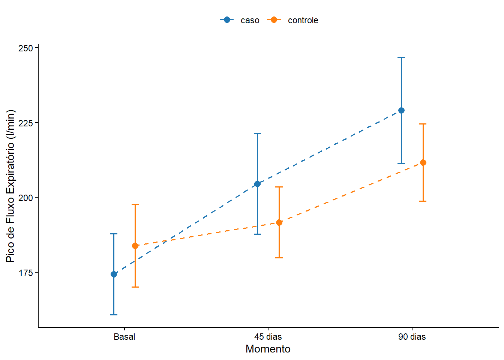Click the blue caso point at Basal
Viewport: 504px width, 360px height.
click(x=114, y=274)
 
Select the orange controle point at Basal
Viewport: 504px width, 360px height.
click(x=135, y=246)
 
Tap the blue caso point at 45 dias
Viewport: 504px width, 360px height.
click(x=257, y=184)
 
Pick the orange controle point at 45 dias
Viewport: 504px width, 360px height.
click(x=279, y=223)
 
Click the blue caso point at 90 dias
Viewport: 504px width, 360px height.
click(x=401, y=111)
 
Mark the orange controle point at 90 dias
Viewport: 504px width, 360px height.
click(x=423, y=163)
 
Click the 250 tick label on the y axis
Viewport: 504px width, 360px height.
click(x=25, y=48)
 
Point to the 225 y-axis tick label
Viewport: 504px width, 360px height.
click(x=25, y=123)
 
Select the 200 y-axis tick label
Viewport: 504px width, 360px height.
click(x=25, y=198)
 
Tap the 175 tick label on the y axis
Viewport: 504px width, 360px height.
click(x=25, y=273)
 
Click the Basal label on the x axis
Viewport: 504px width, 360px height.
click(x=124, y=337)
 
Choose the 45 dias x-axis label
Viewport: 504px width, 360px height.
click(x=268, y=337)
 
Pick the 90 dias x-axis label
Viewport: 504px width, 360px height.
click(x=412, y=337)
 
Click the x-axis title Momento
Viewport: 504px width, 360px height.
click(x=268, y=349)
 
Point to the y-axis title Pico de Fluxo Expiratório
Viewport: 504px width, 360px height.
click(x=10, y=186)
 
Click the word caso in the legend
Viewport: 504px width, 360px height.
click(x=250, y=20)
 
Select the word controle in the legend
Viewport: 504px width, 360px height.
click(x=303, y=20)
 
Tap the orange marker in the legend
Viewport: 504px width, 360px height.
click(x=274, y=20)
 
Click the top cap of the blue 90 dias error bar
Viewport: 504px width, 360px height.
click(x=401, y=58)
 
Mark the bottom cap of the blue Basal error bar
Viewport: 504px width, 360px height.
click(x=114, y=315)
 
